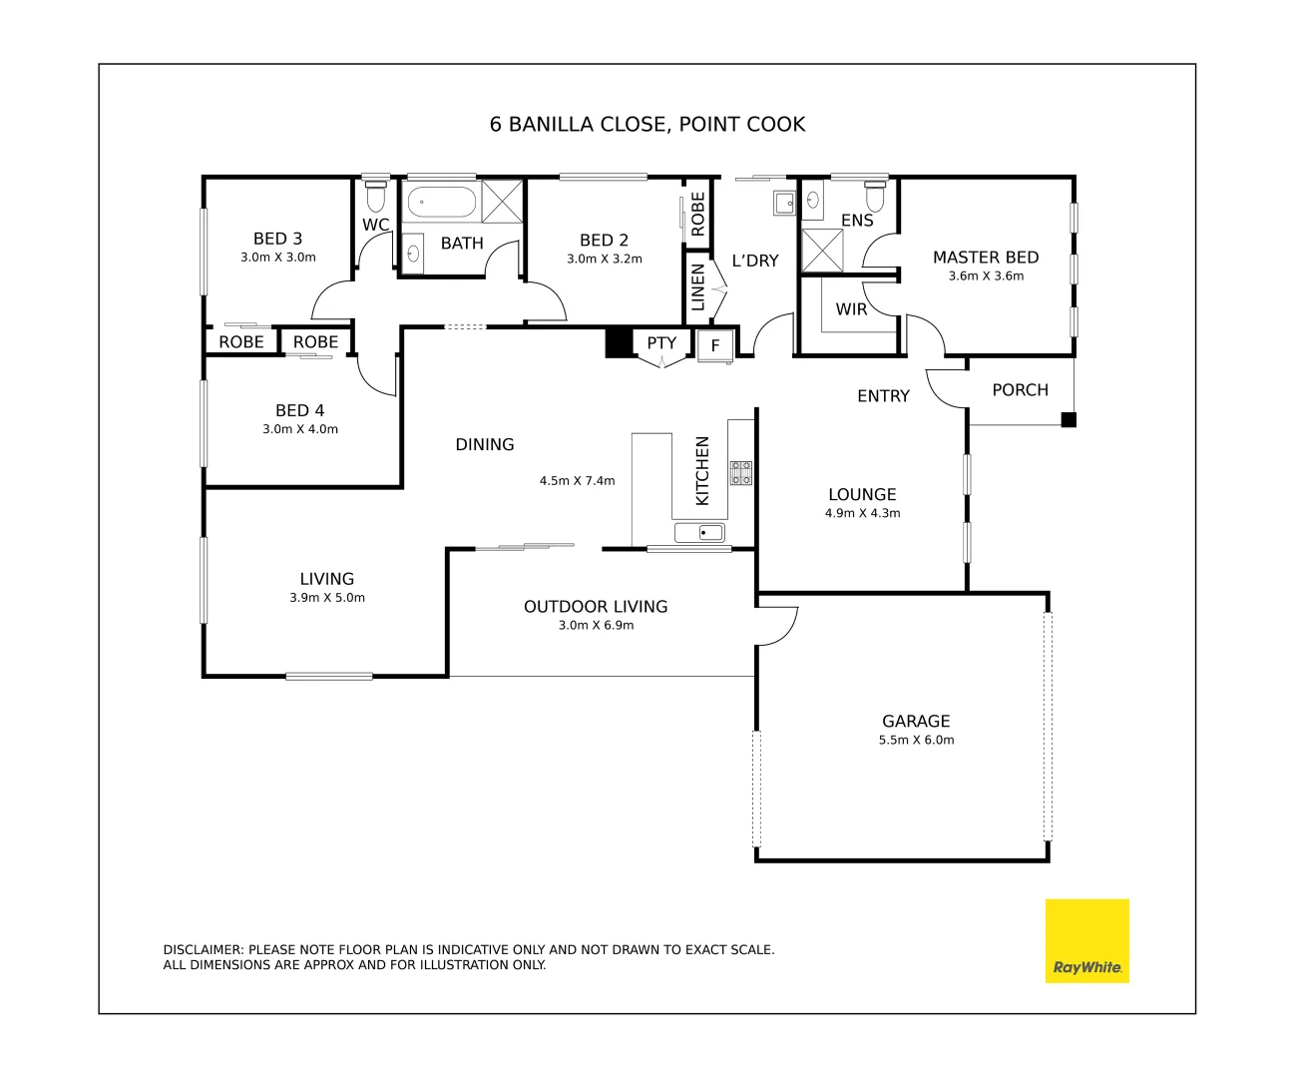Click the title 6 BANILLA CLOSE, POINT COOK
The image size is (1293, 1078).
(646, 125)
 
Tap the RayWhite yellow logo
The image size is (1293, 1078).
(1086, 940)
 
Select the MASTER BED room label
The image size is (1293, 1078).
(985, 258)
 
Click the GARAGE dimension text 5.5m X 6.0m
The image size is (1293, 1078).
(916, 741)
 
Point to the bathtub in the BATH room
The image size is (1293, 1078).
(442, 202)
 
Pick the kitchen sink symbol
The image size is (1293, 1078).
(699, 533)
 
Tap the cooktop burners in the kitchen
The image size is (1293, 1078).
(740, 473)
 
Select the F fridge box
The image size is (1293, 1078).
(715, 346)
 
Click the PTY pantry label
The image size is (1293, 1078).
(660, 343)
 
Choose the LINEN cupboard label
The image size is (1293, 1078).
(698, 286)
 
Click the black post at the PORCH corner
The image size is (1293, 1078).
(1068, 420)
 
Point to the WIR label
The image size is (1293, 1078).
(851, 309)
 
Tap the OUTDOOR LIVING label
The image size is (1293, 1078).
(596, 607)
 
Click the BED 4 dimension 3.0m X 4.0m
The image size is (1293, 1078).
(300, 429)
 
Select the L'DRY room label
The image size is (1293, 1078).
(754, 261)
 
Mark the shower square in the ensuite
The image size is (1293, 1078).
(822, 251)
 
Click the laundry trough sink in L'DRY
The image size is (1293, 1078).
(784, 203)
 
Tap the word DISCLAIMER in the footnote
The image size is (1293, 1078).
(203, 950)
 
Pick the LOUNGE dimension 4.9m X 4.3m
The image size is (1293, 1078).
(862, 514)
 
